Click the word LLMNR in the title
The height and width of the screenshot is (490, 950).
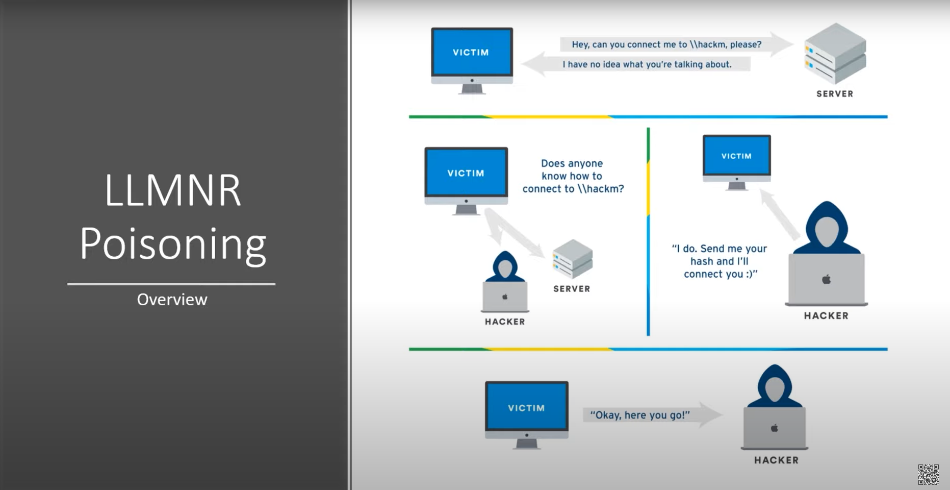pos(172,191)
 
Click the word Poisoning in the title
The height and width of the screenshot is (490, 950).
pos(172,244)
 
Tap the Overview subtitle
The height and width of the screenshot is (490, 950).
pos(172,300)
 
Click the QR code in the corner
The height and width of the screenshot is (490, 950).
pos(928,474)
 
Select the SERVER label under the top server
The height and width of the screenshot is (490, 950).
pos(834,94)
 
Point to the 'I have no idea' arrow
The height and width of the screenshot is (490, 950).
pos(637,64)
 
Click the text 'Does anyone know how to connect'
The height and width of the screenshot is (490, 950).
pos(572,176)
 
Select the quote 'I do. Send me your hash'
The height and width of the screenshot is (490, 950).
pos(720,261)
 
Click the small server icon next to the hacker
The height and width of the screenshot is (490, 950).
pos(572,258)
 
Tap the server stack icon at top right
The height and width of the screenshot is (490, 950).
pos(835,54)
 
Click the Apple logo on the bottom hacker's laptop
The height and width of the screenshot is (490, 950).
pos(774,428)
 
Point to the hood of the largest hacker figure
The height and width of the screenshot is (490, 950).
pos(827,225)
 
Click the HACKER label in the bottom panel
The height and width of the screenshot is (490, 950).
pos(776,460)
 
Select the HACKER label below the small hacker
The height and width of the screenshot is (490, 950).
pos(505,322)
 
